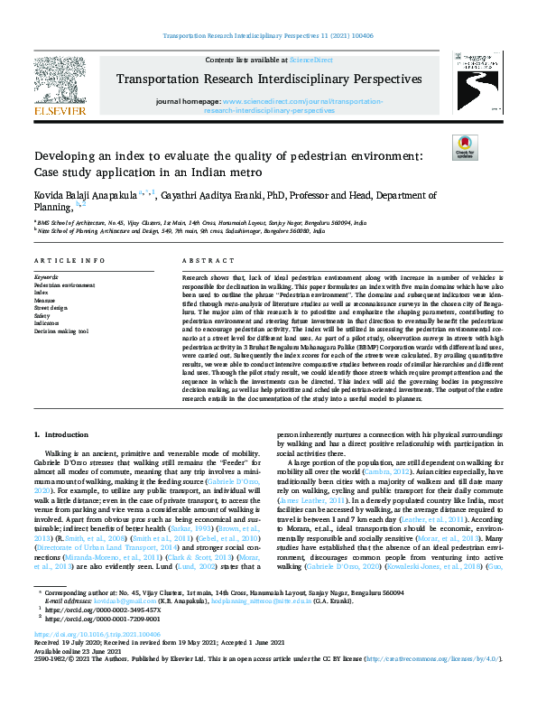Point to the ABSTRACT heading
point(203,259)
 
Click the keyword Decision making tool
point(61,332)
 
